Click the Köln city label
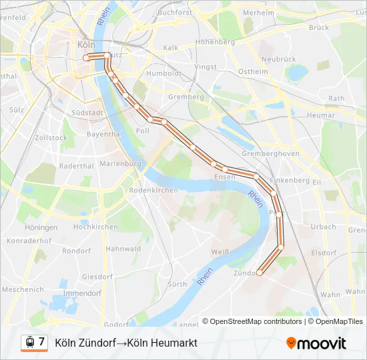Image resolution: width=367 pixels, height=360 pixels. tap(87, 45)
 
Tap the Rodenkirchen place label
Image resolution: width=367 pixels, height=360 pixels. tap(153, 190)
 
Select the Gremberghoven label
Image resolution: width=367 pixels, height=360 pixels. tap(270, 153)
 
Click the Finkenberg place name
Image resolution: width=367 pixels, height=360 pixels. tap(290, 180)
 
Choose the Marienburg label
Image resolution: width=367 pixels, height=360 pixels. tap(120, 163)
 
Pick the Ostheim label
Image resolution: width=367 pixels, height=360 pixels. tap(253, 71)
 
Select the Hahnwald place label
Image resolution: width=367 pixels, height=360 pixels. tap(123, 249)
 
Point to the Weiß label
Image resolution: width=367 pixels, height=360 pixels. tap(220, 251)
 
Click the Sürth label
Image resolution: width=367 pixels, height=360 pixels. tap(177, 284)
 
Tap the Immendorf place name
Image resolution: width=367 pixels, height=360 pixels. tap(81, 293)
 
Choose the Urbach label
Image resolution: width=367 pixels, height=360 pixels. tap(324, 227)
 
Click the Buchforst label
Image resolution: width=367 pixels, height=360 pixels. tap(175, 13)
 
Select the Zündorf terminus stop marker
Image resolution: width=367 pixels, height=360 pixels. tap(260, 272)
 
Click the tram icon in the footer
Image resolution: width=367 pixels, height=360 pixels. tap(29, 342)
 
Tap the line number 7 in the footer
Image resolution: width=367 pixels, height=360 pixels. tap(42, 341)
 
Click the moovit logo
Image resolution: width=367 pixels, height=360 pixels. tap(316, 343)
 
